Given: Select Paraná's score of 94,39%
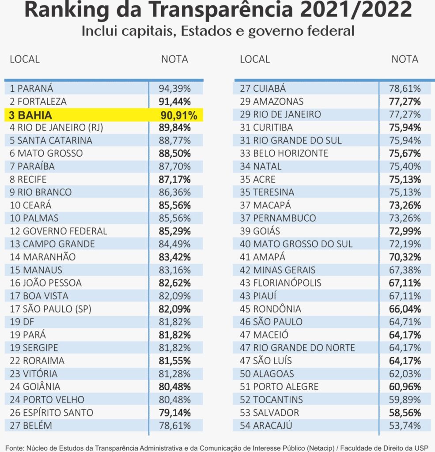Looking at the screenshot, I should click(174, 88).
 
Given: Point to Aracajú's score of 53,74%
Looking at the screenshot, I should click(405, 426).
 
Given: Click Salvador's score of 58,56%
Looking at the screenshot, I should click(405, 413).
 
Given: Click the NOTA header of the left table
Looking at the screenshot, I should click(174, 59).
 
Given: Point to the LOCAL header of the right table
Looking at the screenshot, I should click(255, 59).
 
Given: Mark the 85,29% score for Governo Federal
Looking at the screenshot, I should click(174, 231).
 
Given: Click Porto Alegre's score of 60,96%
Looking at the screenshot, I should click(405, 387).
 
